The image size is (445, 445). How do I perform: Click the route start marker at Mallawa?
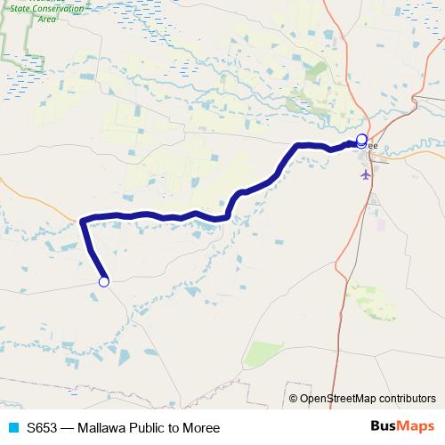[103, 282]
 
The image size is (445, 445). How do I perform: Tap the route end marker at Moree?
[361, 139]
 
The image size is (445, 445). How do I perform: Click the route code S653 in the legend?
[43, 428]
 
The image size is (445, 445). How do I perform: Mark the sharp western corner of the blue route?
[83, 220]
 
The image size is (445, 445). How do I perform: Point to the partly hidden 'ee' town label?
[372, 145]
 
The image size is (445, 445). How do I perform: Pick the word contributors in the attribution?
[408, 399]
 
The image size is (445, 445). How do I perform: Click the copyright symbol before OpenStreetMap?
[295, 399]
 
